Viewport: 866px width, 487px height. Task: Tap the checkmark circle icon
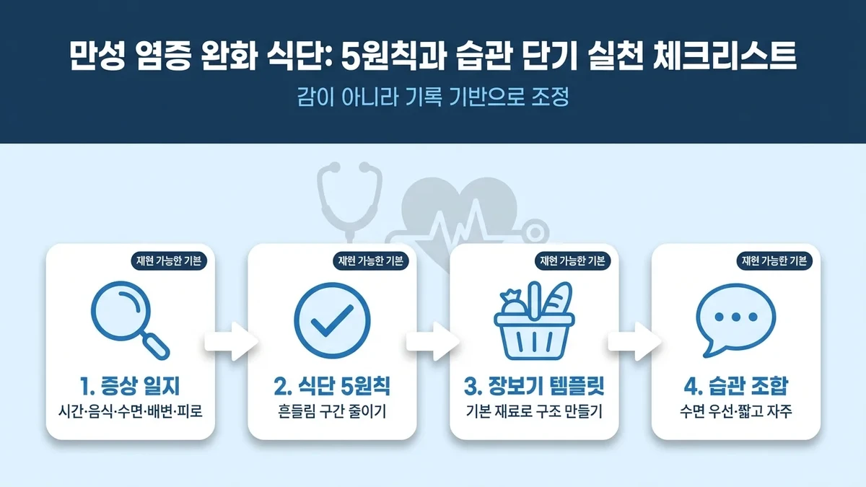[332, 320]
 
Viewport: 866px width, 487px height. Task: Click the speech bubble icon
[735, 320]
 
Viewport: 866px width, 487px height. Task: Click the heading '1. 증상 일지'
[130, 387]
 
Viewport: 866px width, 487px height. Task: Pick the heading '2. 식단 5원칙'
[332, 387]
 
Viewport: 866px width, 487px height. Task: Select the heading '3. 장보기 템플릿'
[534, 387]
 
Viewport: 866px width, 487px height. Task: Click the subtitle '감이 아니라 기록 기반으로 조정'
[433, 97]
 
